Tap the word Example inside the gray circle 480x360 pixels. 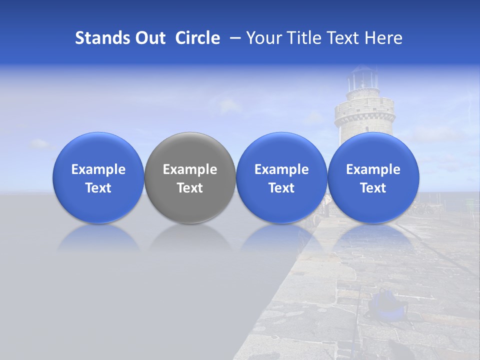coord(190,169)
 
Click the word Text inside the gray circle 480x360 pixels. coord(190,188)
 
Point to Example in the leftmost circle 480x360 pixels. coord(98,169)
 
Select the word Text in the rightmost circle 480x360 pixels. coord(373,188)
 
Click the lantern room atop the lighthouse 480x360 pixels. coord(362,80)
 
